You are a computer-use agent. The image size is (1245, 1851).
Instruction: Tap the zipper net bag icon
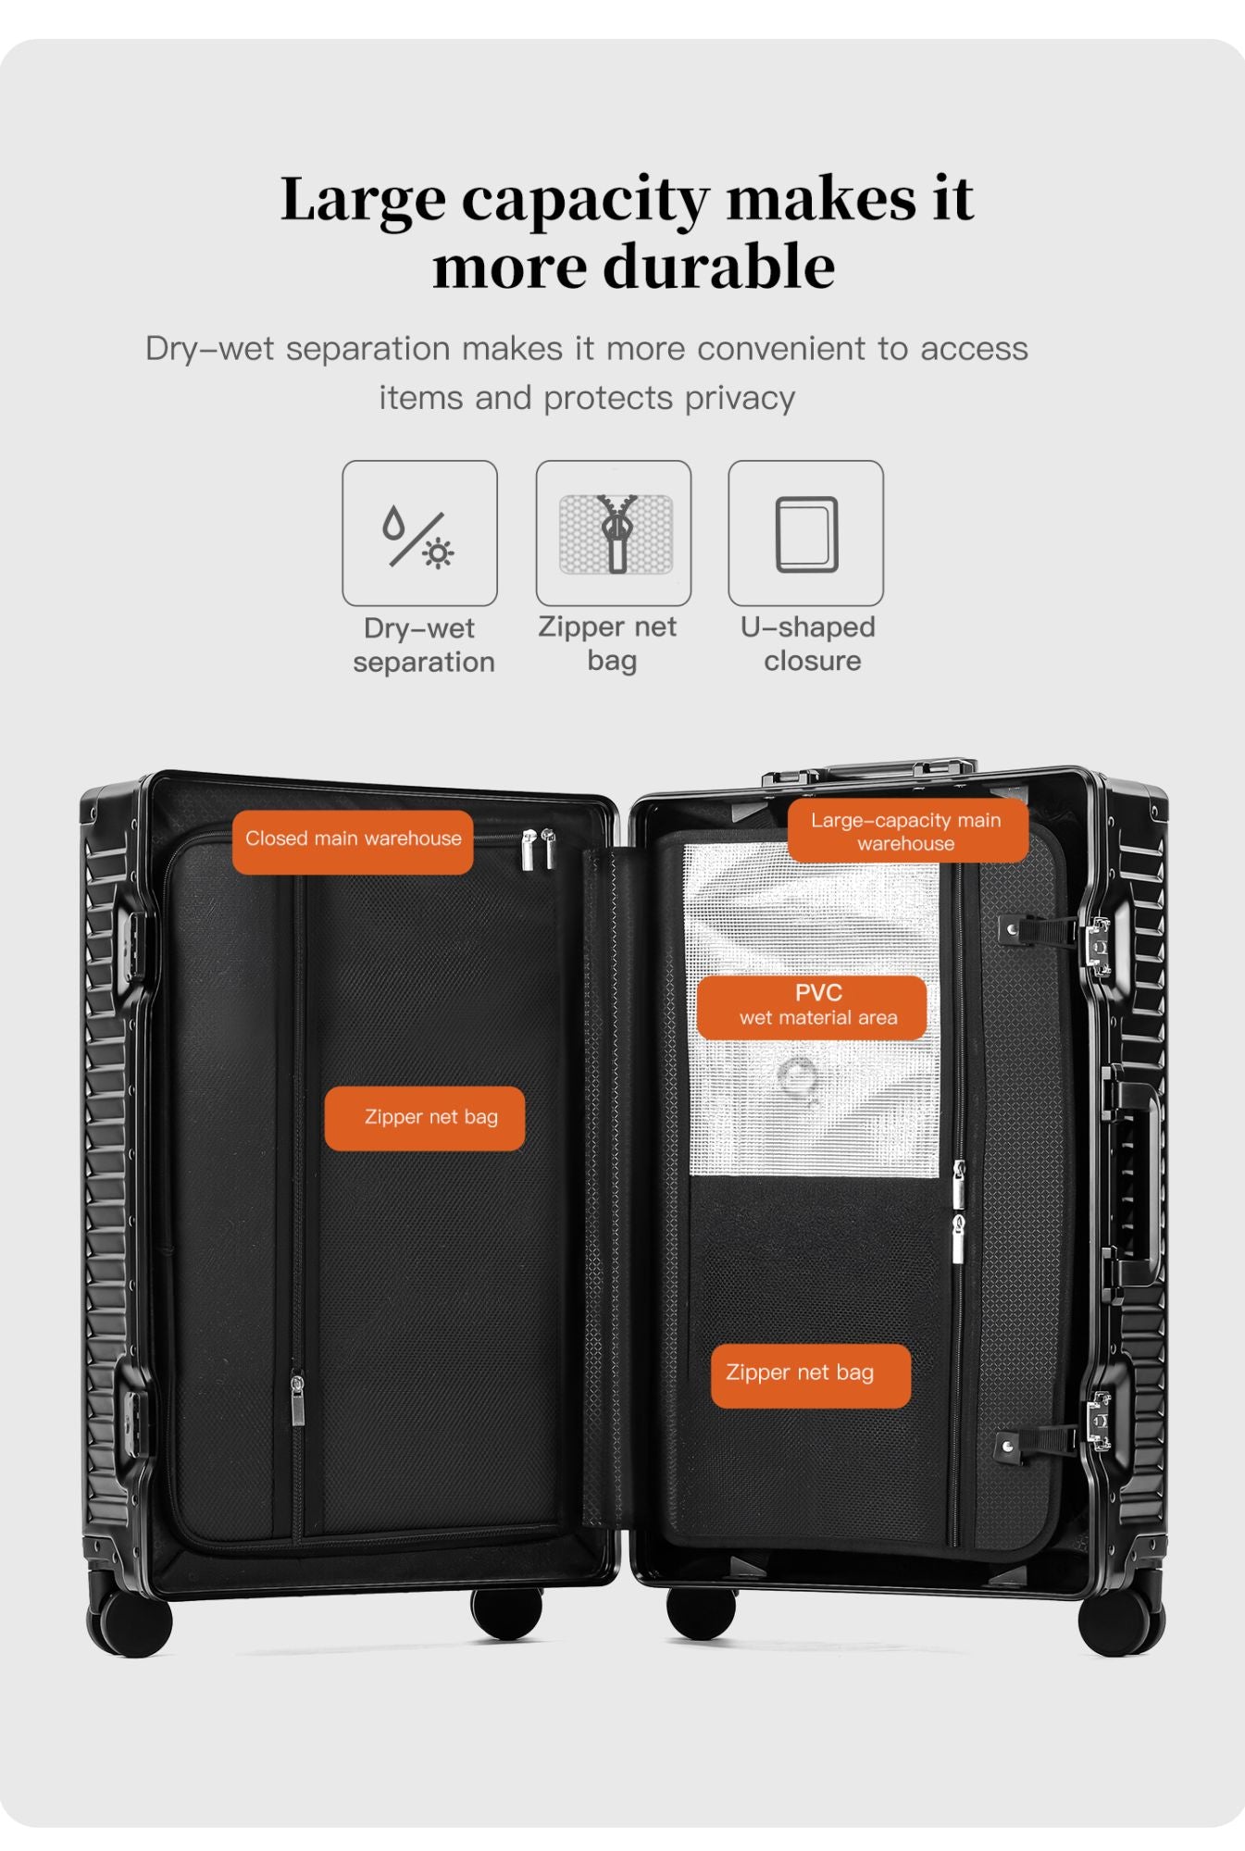point(615,533)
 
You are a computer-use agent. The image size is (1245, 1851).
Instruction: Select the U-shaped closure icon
point(806,534)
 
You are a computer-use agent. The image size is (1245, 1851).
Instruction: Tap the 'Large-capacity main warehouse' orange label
point(907,831)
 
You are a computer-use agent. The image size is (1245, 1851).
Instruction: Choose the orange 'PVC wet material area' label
point(812,1007)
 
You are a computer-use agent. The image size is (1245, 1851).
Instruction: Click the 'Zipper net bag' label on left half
point(425,1118)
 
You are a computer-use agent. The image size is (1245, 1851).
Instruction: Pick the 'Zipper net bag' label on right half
point(811,1375)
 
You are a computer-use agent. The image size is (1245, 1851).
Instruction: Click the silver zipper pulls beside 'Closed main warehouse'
point(538,849)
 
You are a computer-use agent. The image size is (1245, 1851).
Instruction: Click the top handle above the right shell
point(870,770)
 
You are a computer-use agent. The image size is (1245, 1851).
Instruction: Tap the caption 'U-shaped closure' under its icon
point(808,644)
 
